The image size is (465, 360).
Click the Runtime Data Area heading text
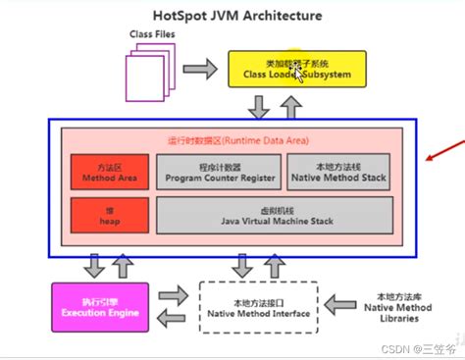[x=232, y=140]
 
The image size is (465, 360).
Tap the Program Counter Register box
[x=217, y=172]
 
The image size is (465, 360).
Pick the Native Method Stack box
[x=337, y=172]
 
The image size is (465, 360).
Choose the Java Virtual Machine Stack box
[x=275, y=215]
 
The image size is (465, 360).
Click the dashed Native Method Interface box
[x=259, y=308]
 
